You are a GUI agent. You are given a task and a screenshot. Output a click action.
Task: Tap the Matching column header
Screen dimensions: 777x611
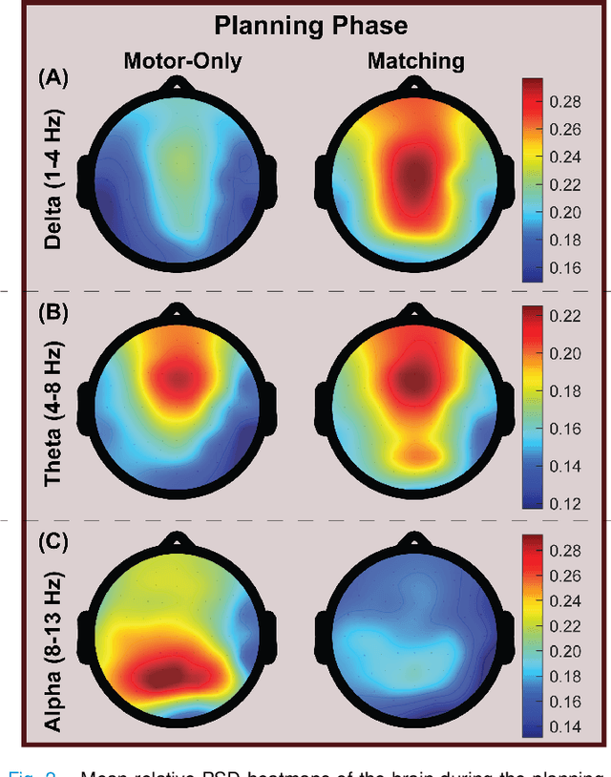[415, 62]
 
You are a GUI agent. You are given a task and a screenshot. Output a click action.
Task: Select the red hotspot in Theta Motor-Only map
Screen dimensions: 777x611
[177, 380]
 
